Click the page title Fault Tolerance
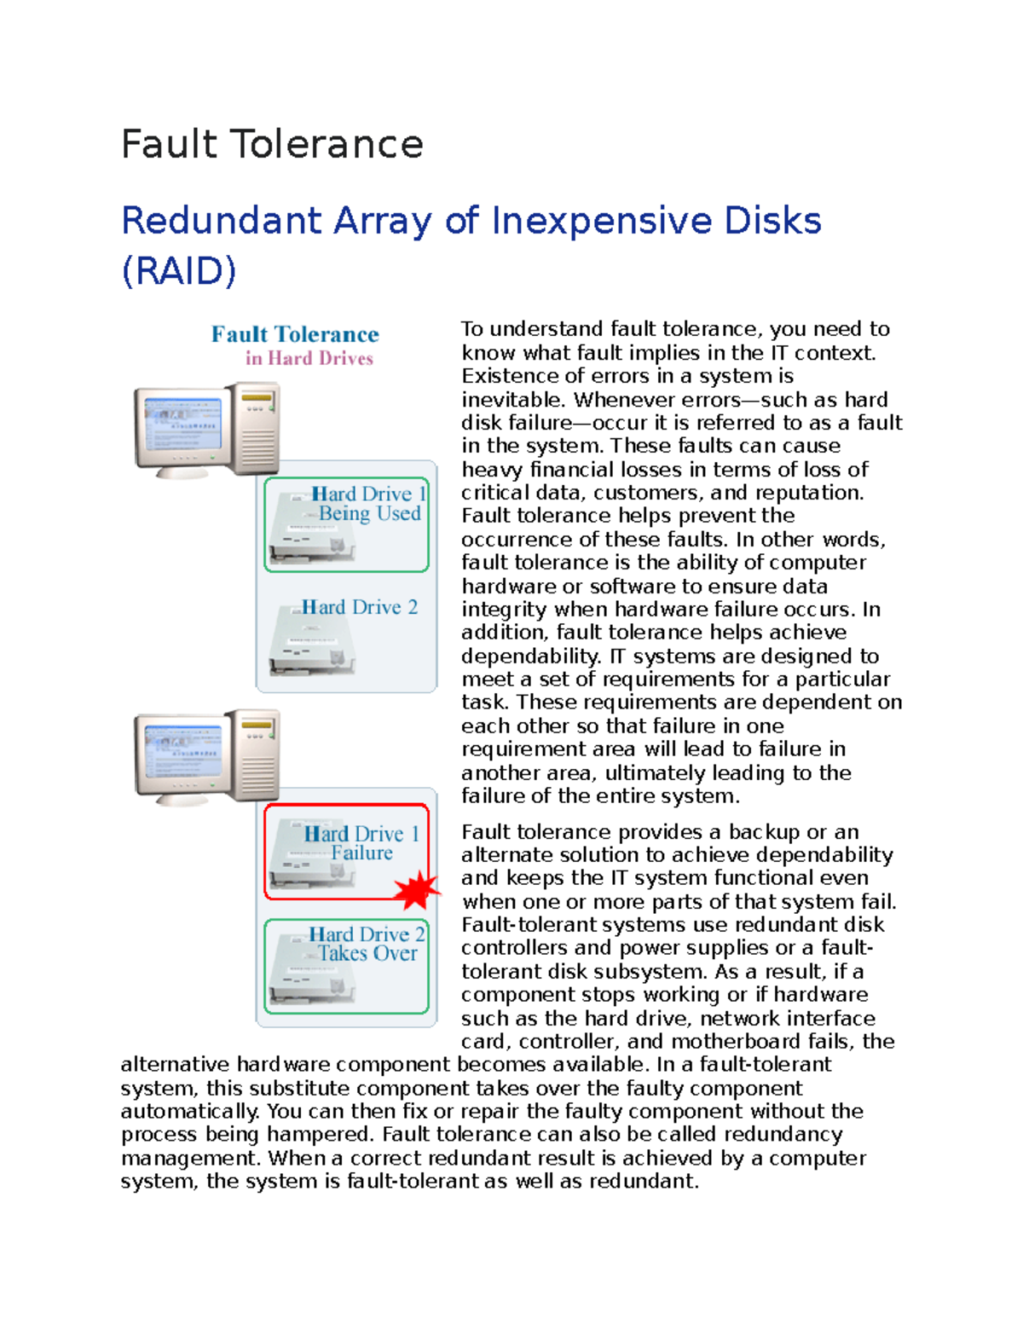click(272, 144)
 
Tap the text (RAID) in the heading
click(178, 271)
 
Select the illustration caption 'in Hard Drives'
click(309, 358)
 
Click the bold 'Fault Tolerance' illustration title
click(295, 334)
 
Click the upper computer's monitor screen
click(182, 424)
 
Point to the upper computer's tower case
click(257, 428)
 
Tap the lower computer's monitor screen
click(182, 751)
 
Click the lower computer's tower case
click(257, 755)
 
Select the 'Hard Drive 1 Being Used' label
click(367, 504)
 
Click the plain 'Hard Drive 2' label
click(359, 607)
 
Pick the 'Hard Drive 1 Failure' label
click(361, 842)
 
